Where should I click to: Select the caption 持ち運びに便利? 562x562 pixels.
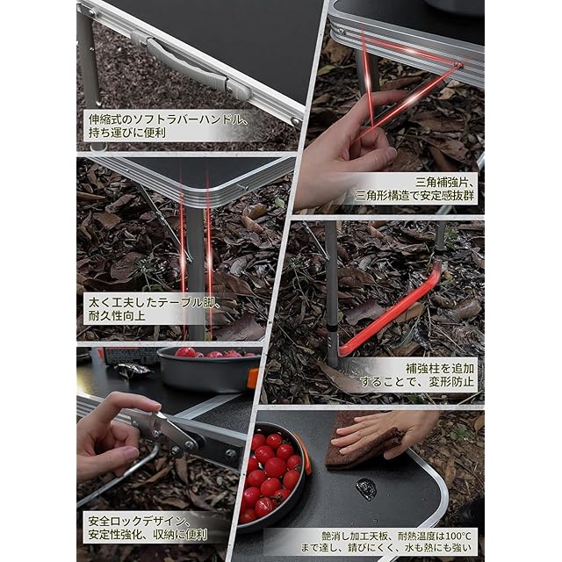point(127,133)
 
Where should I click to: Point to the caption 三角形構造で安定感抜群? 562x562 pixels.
point(414,196)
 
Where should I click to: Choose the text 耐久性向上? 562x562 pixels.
point(117,316)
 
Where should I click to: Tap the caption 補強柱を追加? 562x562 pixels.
point(440,368)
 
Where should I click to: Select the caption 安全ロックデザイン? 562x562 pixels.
point(137,521)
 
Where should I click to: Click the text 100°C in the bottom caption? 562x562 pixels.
point(458,537)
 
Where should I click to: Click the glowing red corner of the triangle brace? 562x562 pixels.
point(458,65)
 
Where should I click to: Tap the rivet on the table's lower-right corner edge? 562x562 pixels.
point(296,121)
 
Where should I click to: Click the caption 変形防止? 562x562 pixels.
point(451,382)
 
